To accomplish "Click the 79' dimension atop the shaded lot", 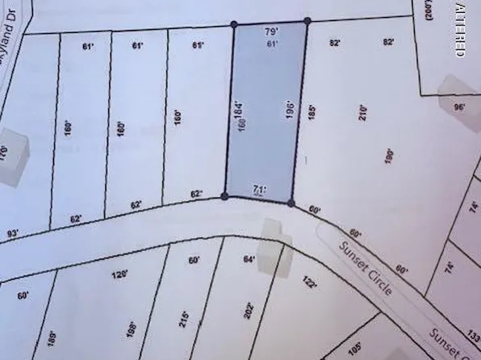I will tap(272, 31).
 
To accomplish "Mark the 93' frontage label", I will tap(12, 234).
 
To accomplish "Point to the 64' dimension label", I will tap(249, 259).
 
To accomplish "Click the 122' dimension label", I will tap(310, 283).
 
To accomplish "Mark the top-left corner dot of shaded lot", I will tap(234, 24).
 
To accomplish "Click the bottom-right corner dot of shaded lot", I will tap(291, 203).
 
